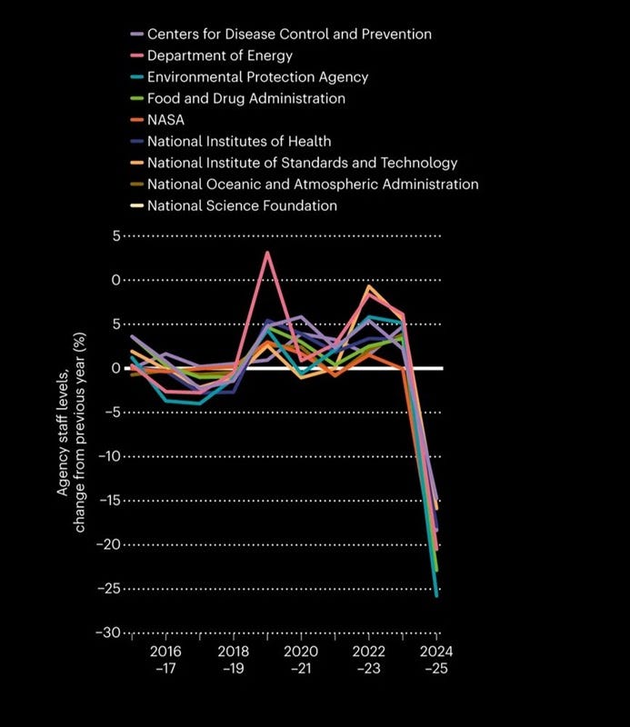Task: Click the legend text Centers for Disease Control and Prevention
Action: pos(289,35)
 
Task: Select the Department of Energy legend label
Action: pos(220,55)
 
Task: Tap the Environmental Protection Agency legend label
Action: pos(257,77)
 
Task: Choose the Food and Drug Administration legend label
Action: pos(246,98)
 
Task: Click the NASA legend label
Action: pos(165,120)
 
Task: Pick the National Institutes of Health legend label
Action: pos(239,142)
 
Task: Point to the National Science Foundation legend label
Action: pos(242,206)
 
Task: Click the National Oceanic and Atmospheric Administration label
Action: pos(313,184)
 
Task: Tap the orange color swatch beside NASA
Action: pos(137,120)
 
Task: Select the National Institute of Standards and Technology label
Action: pos(303,164)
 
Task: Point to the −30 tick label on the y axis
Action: pos(108,632)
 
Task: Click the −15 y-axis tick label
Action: pos(109,501)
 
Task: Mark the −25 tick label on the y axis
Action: pos(108,589)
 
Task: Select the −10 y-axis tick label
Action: pos(109,456)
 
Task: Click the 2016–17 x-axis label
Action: pos(165,660)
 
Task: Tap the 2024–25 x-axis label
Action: pos(436,660)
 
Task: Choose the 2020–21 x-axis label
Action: pos(301,660)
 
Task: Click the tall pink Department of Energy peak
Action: pos(267,253)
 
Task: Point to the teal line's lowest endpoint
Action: pos(436,596)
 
